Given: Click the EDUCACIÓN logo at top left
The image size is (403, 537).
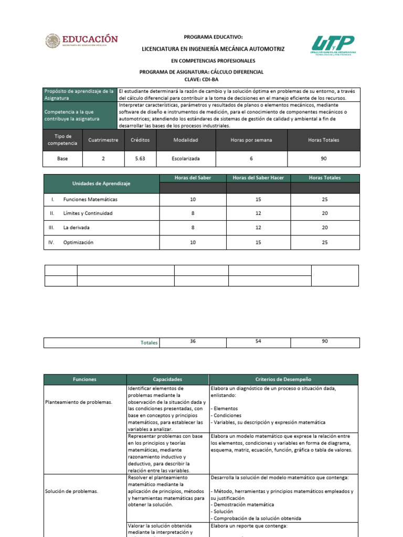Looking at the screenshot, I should (x=81, y=41).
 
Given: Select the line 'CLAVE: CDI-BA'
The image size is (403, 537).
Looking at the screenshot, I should (x=201, y=79).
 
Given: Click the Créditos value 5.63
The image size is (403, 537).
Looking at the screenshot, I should (x=140, y=158).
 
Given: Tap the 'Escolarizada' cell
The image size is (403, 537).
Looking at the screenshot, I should (x=186, y=158).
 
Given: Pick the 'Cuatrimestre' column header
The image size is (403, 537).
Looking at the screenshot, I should (x=103, y=140).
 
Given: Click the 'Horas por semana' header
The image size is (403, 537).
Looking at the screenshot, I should (x=251, y=140).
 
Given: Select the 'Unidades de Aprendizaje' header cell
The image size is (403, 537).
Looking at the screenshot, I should (x=101, y=184).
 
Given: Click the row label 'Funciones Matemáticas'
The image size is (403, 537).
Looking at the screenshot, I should (x=90, y=200).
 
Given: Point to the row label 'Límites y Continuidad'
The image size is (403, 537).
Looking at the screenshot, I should (x=88, y=214).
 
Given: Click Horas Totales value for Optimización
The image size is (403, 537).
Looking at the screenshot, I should (x=325, y=242).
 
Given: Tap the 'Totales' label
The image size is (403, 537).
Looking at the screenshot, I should (x=149, y=342).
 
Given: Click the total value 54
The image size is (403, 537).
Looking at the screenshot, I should (x=258, y=341).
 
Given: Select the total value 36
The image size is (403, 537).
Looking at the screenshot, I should (x=193, y=341).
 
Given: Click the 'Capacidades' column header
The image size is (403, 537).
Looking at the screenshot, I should (x=167, y=379).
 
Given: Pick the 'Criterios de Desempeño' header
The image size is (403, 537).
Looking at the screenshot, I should (x=283, y=379).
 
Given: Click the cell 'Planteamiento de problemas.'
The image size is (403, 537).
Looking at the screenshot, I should (x=79, y=402).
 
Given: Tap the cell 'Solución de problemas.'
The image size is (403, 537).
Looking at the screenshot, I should (x=71, y=491).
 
